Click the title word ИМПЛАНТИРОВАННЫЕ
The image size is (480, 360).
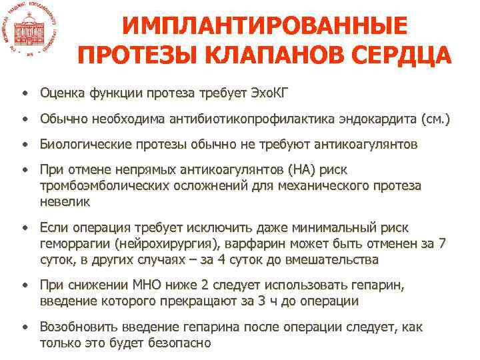[x=264, y=25]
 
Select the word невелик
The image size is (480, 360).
[x=65, y=201]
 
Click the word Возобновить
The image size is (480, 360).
[x=81, y=327]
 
